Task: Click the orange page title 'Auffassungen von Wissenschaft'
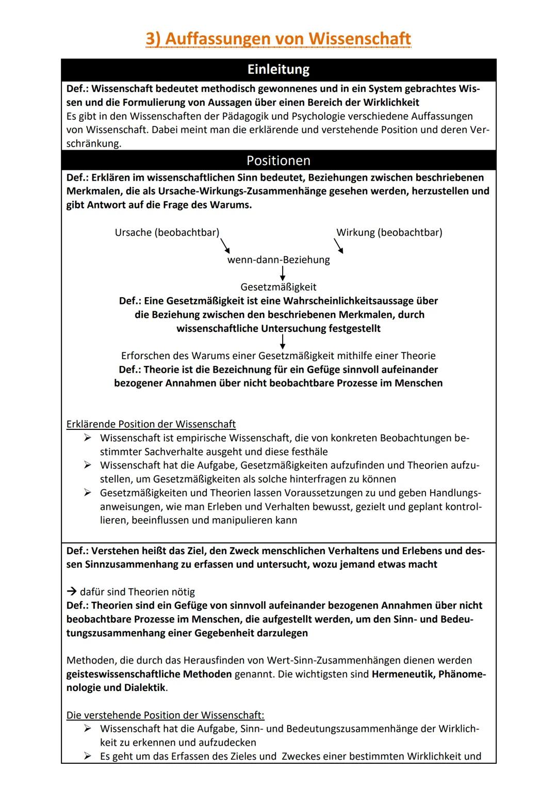(278, 39)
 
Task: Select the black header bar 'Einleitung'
(278, 70)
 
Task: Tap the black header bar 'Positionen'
(278, 160)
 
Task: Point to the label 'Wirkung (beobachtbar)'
(389, 232)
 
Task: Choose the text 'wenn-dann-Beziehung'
(278, 260)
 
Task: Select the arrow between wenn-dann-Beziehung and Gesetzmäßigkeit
(283, 273)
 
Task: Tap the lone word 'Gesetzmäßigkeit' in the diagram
(278, 287)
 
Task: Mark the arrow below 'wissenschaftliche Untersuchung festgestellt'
(283, 341)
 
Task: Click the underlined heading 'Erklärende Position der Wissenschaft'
(151, 424)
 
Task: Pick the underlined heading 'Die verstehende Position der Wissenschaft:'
(165, 715)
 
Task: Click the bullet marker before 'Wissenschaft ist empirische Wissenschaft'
(88, 438)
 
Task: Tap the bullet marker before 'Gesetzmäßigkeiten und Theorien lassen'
(88, 493)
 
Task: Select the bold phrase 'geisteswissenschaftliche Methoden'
(149, 674)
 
